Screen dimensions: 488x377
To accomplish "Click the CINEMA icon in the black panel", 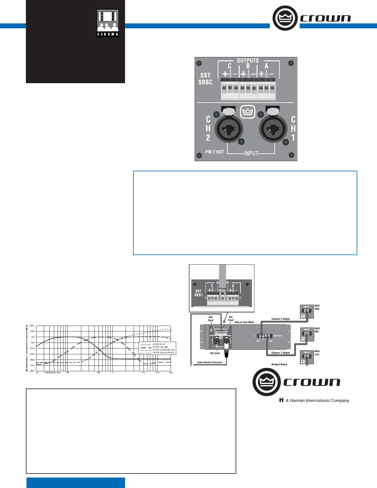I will click(108, 23).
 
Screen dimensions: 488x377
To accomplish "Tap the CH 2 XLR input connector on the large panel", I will click(228, 128).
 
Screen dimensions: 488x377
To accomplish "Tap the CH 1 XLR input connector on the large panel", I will click(273, 128).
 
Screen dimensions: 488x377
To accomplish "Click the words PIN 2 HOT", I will click(215, 152).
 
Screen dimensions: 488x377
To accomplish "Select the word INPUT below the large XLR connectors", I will click(251, 153).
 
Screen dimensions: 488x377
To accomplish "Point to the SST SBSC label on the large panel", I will click(205, 79).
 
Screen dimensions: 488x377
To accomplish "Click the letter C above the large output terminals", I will click(229, 66).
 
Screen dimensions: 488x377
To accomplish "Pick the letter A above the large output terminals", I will click(266, 66).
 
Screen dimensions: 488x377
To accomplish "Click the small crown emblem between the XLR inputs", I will click(248, 111).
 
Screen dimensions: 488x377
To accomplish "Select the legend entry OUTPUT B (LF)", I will click(159, 344).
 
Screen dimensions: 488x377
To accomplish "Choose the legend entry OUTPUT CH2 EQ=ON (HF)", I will click(163, 353).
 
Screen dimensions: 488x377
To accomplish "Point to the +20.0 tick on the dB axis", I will click(32, 326).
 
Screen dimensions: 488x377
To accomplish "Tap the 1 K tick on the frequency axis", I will click(112, 373).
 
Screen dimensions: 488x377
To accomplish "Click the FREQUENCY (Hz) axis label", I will click(52, 373).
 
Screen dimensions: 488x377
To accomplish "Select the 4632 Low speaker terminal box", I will click(307, 357).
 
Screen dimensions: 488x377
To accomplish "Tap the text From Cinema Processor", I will click(209, 362).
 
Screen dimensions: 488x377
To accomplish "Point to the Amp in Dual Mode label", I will click(245, 322).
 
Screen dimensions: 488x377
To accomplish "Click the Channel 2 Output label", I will click(280, 319).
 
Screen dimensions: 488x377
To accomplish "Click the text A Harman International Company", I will click(317, 401).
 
